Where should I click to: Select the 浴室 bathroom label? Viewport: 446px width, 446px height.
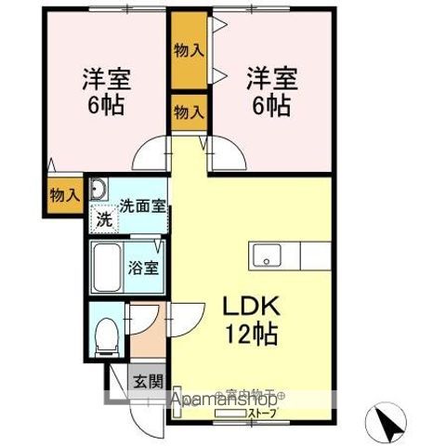(x=143, y=269)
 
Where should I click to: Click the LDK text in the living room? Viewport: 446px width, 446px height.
(x=249, y=308)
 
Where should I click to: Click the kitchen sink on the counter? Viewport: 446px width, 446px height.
(x=266, y=254)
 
